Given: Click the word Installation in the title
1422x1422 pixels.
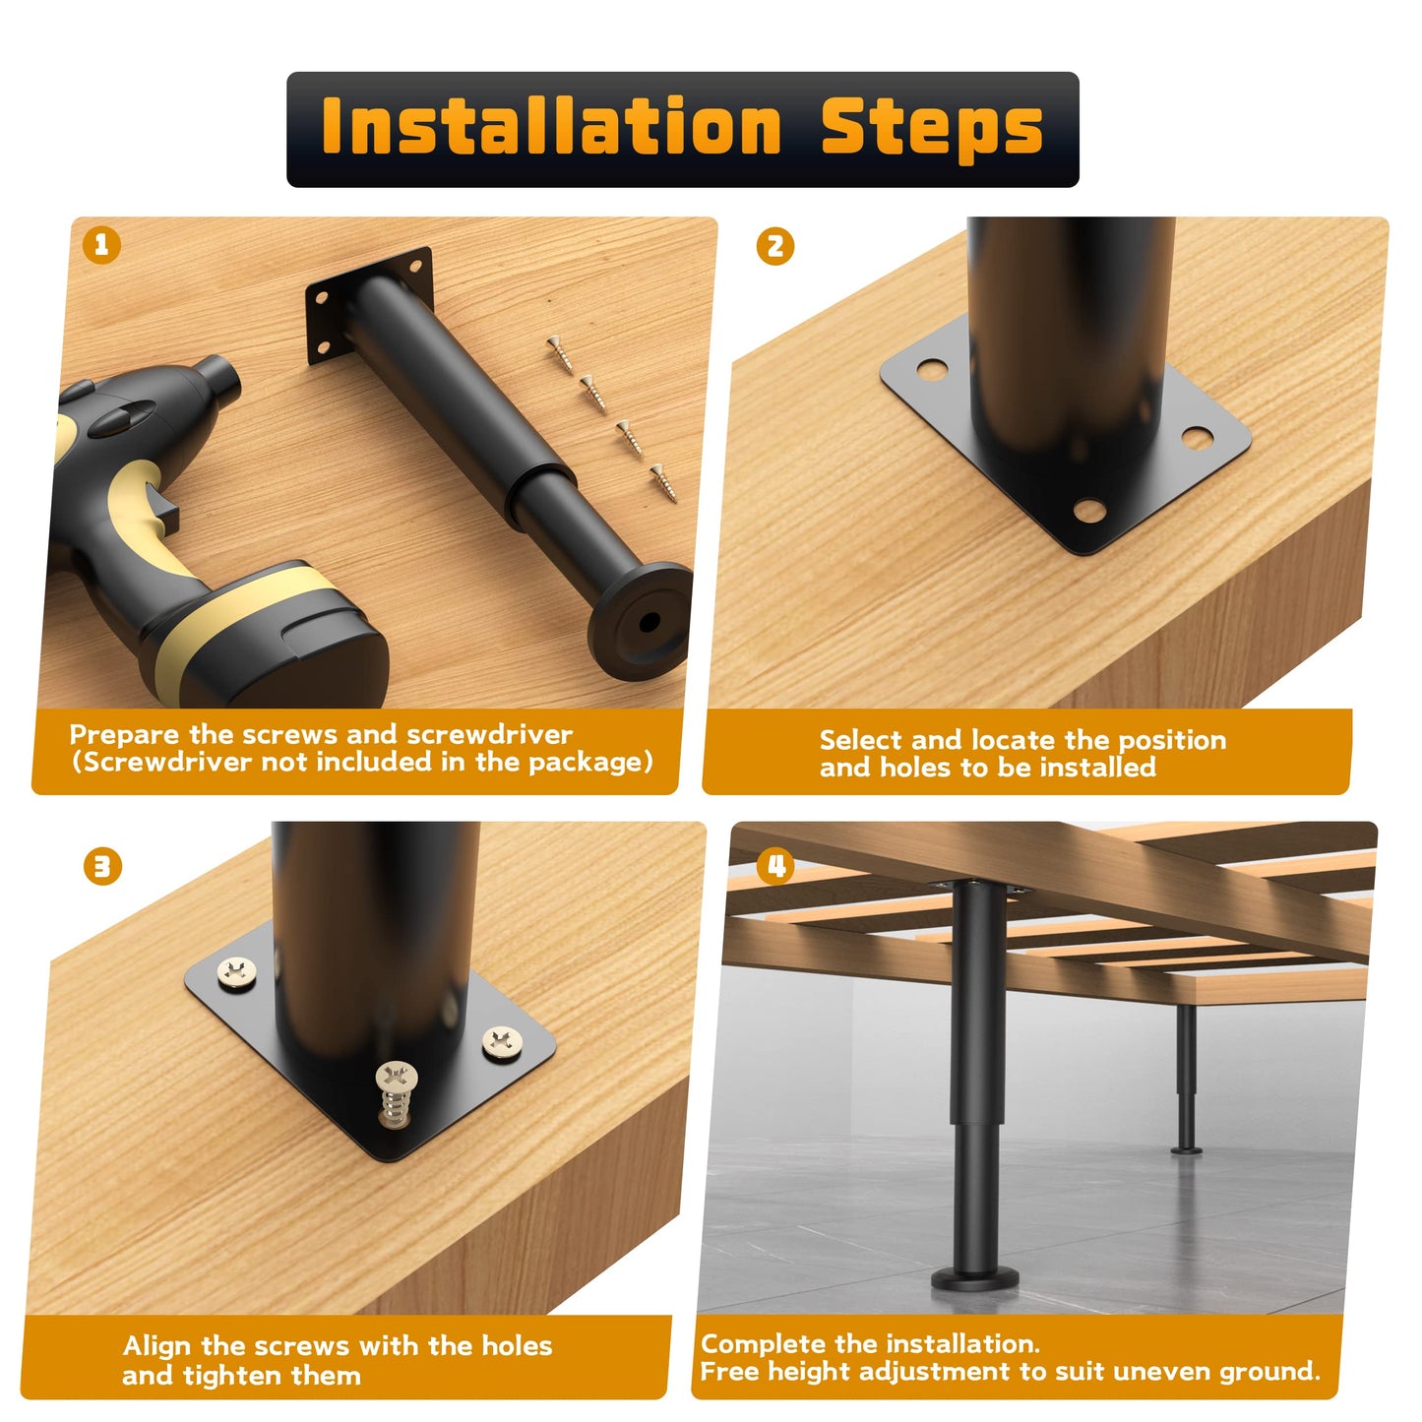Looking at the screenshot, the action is (x=551, y=126).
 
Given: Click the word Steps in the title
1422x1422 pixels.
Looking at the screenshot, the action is (x=932, y=130).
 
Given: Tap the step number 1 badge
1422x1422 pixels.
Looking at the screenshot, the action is (x=101, y=245).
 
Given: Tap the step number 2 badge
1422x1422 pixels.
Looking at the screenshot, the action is (x=774, y=246).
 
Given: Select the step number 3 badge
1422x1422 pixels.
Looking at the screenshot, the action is (x=102, y=866).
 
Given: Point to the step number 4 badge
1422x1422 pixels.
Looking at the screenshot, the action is (x=775, y=866).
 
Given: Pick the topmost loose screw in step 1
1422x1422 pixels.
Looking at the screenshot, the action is (x=561, y=353).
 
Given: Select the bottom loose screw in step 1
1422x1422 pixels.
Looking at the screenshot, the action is (x=663, y=483).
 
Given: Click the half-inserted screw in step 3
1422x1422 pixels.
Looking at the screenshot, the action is (x=397, y=1094).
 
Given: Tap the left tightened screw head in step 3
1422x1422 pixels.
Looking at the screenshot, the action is (x=237, y=971).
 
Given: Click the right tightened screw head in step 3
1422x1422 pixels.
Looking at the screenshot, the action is (x=503, y=1042).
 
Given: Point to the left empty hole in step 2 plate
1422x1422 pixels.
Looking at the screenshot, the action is (x=933, y=369).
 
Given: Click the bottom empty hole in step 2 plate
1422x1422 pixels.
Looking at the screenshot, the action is (x=1089, y=510).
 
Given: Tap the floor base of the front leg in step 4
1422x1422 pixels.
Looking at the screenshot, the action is (x=975, y=1277).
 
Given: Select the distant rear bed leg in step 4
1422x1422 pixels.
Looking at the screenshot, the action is (x=1186, y=1078).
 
